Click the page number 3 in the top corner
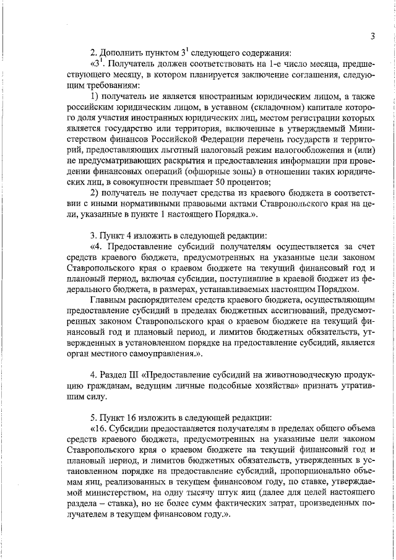coord(373,36)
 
